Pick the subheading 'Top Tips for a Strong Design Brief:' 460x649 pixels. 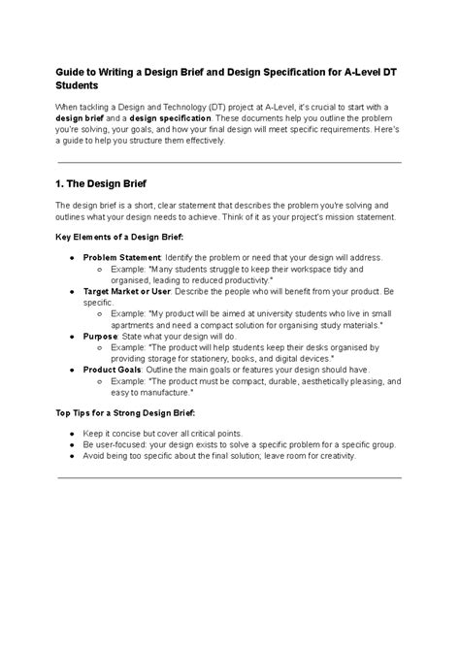click(124, 412)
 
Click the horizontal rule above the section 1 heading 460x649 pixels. click(229, 161)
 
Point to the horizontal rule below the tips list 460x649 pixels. click(229, 477)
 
